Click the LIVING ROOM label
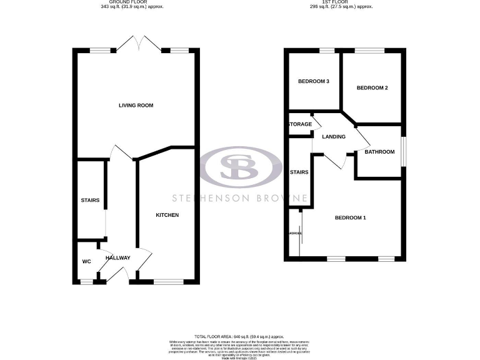pos(136,106)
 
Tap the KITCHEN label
pos(167,215)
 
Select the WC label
pos(86,261)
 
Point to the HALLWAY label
pos(117,257)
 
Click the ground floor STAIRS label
pos(90,201)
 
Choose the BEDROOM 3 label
pos(313,82)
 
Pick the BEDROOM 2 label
pos(372,88)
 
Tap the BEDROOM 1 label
pos(350,217)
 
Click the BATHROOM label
pos(379,152)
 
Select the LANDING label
pos(334,137)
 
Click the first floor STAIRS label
pos(299,172)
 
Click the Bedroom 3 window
pos(327,50)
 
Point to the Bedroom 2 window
pos(371,50)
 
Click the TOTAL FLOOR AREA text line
pos(239,336)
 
